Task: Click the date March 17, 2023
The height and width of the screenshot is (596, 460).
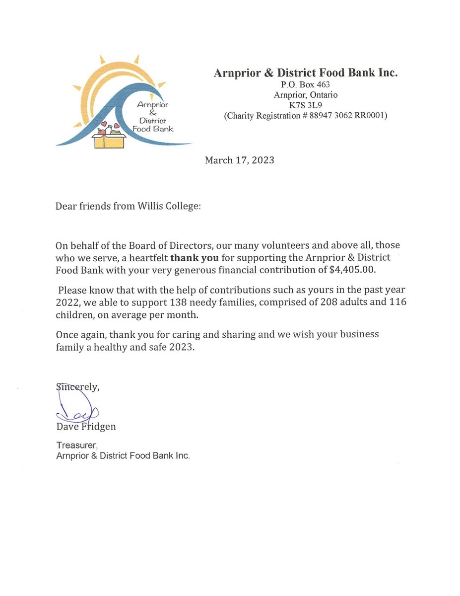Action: click(x=240, y=160)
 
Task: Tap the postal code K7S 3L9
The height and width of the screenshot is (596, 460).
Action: click(x=306, y=105)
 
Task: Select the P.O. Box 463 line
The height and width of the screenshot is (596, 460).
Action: click(x=306, y=85)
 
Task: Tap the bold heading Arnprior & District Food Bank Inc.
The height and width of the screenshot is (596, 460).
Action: click(x=306, y=73)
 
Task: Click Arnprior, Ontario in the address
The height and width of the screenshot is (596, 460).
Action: click(x=306, y=95)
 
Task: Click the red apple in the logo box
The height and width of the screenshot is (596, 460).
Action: click(x=102, y=132)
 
